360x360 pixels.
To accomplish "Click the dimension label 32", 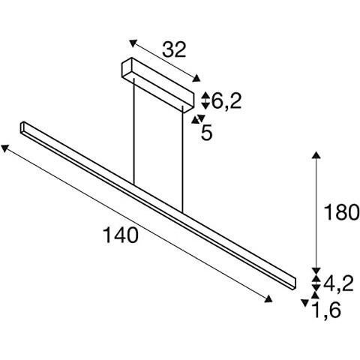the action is pyautogui.click(x=174, y=49).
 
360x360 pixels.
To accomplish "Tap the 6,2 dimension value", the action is pyautogui.click(x=226, y=101).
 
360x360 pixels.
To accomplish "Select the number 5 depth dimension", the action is pyautogui.click(x=207, y=132).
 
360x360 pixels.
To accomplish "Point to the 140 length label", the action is pyautogui.click(x=121, y=235).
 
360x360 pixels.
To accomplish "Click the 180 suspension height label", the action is pyautogui.click(x=341, y=212).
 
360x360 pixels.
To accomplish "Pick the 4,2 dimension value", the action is pyautogui.click(x=338, y=283).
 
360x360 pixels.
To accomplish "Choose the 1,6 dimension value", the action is pyautogui.click(x=326, y=310).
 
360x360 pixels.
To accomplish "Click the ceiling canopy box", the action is pyautogui.click(x=157, y=85).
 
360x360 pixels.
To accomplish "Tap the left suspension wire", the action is pyautogui.click(x=134, y=132).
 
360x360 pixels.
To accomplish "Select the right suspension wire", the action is pyautogui.click(x=182, y=160).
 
